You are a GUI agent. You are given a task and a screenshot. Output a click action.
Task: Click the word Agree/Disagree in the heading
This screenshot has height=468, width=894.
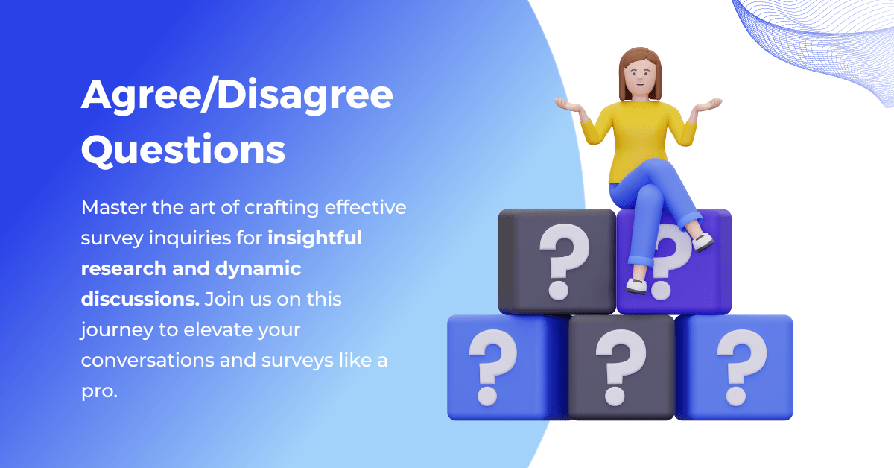click(x=236, y=97)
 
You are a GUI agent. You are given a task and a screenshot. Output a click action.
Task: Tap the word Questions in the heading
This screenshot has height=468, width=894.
click(x=183, y=151)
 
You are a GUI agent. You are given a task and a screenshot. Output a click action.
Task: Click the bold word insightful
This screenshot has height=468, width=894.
click(x=315, y=238)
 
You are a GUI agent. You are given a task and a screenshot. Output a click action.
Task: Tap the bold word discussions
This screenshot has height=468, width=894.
click(x=139, y=300)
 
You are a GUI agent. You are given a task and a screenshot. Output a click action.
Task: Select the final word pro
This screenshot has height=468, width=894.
click(x=99, y=391)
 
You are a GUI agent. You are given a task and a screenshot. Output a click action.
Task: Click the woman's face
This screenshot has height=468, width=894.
click(x=640, y=75)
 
